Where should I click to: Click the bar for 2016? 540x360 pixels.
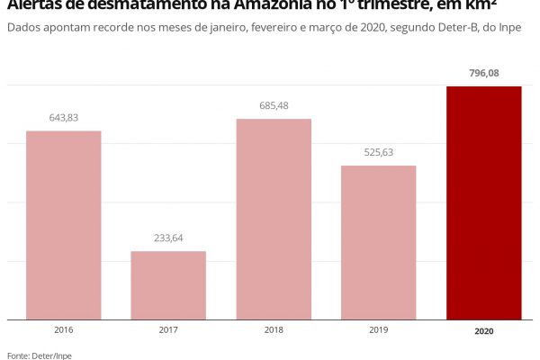(63, 225)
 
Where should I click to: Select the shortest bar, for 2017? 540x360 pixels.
(168, 285)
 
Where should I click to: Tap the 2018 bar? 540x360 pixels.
(274, 219)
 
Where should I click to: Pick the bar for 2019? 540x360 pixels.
(379, 242)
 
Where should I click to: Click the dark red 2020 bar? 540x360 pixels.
(484, 202)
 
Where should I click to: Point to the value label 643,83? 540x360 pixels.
(63, 118)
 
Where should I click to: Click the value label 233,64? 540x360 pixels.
(168, 238)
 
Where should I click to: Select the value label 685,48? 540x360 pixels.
(274, 106)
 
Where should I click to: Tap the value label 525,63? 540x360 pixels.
(379, 152)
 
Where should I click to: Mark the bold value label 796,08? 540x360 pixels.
(484, 73)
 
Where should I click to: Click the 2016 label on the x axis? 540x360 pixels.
(63, 330)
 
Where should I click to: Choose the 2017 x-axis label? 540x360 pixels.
(168, 330)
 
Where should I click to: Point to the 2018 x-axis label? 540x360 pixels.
(274, 330)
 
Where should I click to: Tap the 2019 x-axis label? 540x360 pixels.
(379, 330)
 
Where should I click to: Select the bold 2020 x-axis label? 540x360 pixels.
(484, 331)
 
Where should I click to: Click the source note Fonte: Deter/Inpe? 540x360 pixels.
(39, 355)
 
